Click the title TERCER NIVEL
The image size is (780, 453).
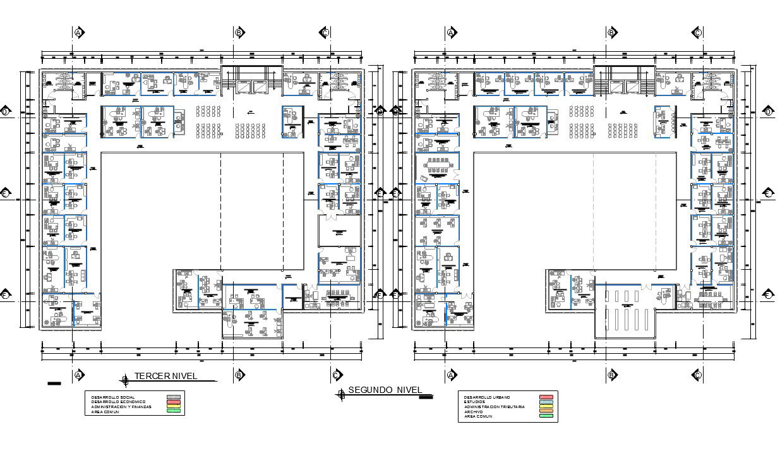tap(165, 377)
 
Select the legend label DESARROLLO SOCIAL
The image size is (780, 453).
tap(113, 397)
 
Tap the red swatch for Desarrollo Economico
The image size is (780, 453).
tap(173, 402)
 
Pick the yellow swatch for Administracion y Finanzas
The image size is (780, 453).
tap(173, 406)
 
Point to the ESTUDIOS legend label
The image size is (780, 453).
tap(475, 402)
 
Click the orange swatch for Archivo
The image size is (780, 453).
tap(546, 411)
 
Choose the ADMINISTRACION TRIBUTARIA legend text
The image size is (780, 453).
tap(494, 407)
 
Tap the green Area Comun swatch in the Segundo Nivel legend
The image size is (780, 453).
tap(546, 416)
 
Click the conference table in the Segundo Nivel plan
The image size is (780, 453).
tap(437, 168)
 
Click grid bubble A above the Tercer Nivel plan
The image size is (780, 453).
tap(79, 32)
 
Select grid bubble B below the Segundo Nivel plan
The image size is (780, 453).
tap(611, 375)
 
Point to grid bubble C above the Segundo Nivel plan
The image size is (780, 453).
tap(697, 32)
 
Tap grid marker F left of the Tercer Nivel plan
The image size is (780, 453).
tap(6, 295)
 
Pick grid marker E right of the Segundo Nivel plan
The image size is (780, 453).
tap(768, 193)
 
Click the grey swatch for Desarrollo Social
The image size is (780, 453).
tap(173, 397)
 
